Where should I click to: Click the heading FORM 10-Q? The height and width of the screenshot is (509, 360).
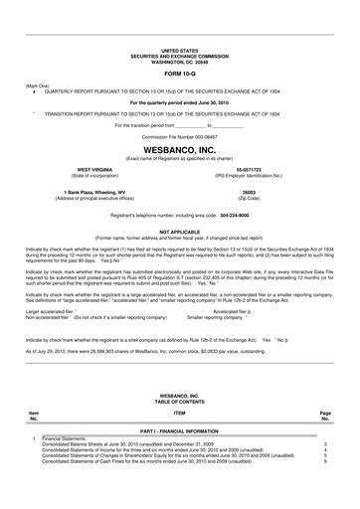pos(179,73)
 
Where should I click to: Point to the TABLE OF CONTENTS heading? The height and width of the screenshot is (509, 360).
pos(179,400)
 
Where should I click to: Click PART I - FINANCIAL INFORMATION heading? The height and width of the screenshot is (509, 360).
pos(179,429)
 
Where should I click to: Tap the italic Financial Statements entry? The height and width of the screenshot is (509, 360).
pos(66,438)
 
